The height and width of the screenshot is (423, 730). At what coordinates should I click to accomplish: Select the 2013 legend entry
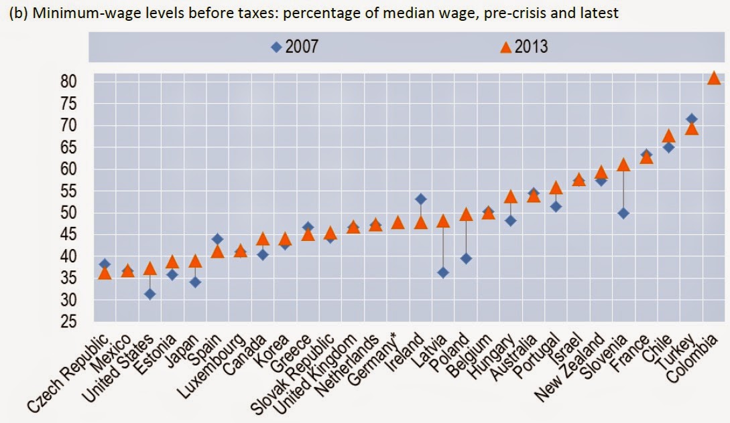[524, 47]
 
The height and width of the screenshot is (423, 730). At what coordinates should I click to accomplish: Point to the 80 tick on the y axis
[69, 82]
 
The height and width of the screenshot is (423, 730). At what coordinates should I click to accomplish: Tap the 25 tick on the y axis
[69, 323]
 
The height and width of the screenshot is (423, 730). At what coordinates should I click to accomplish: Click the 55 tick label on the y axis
[69, 191]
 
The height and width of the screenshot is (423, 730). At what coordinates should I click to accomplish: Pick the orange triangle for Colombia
[714, 78]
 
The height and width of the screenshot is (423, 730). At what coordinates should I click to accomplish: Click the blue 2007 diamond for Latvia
[443, 272]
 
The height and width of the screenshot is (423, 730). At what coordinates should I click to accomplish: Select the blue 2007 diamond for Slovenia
[623, 213]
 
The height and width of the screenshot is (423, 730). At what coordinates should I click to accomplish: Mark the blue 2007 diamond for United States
[150, 294]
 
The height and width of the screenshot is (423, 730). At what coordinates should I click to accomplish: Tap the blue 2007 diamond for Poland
[466, 258]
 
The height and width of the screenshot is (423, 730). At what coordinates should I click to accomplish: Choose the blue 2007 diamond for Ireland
[420, 199]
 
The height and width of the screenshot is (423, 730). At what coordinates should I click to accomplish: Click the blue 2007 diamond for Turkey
[691, 119]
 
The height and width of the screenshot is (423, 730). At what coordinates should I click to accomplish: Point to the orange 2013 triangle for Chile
[668, 137]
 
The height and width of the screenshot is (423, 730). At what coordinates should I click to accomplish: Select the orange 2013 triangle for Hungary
[511, 197]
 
